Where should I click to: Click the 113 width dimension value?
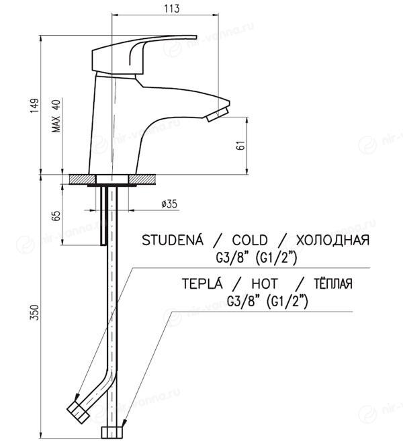pos(172,8)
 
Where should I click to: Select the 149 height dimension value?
pos(34,105)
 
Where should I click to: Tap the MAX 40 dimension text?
pos(56,116)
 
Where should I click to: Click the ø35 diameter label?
pos(169,204)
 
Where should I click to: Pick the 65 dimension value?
pos(56,216)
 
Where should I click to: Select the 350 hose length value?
pos(34,312)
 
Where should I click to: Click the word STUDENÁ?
pos(173,240)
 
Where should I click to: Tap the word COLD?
pos(250,240)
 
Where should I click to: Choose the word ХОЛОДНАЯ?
pos(332,240)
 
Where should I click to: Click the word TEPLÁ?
pos(202,283)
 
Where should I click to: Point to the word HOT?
pos(265,283)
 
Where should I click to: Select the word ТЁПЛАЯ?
pos(332,283)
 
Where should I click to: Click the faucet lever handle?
pos(144,54)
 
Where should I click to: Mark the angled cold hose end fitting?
pos(78,412)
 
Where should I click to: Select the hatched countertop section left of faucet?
pos(83,179)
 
